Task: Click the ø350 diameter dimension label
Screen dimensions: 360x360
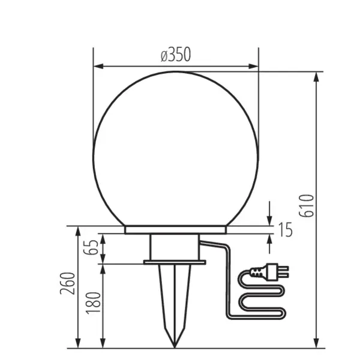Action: tap(175, 55)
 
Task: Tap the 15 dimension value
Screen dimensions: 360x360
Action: tap(286, 229)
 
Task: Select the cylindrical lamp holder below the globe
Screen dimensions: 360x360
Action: tap(175, 246)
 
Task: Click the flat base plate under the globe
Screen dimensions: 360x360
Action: tap(175, 229)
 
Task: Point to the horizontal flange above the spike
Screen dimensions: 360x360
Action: tap(175, 262)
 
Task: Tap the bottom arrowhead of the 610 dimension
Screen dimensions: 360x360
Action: tap(316, 344)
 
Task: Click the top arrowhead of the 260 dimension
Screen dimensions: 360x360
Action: tap(80, 230)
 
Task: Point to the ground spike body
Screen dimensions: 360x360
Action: tap(175, 300)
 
